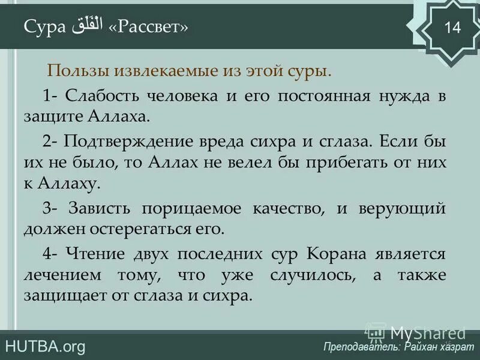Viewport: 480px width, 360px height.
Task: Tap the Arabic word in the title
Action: [87, 27]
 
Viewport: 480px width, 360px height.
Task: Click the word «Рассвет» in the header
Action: [148, 28]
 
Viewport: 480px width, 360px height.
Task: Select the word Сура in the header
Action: [44, 28]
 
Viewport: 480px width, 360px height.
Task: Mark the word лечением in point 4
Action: [58, 276]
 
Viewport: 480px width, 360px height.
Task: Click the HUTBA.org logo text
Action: [45, 346]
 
